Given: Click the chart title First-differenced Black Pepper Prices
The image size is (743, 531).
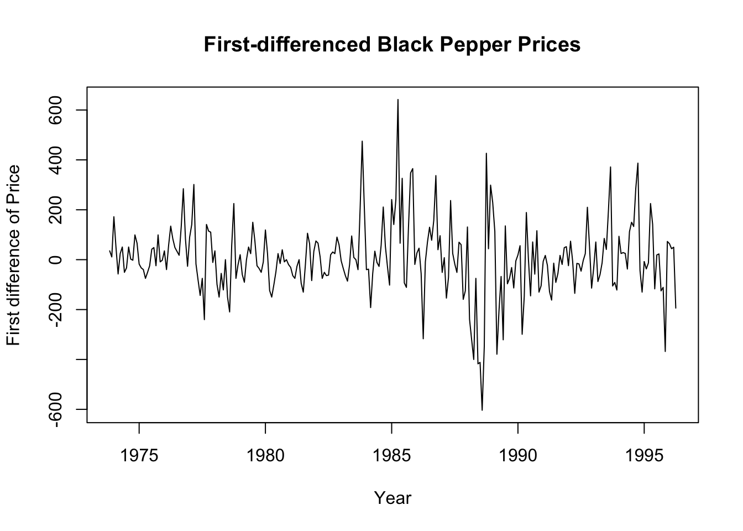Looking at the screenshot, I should [392, 44].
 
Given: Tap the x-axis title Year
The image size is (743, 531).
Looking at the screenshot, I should [393, 498].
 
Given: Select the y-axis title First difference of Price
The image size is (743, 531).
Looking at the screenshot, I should [14, 255].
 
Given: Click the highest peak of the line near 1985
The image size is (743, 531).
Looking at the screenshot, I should [397, 100].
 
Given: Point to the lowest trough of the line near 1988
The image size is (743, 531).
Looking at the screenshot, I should [482, 410].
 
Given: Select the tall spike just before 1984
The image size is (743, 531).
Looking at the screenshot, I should [362, 141].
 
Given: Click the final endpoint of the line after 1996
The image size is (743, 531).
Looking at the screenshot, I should [676, 308].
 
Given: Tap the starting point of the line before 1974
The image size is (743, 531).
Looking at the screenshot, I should [109, 251].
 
